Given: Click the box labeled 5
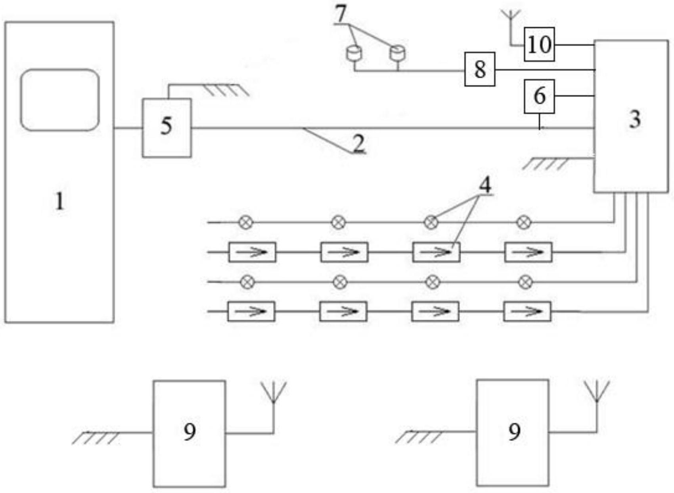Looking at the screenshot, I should point(167,127).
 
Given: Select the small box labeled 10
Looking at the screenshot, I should point(539,44).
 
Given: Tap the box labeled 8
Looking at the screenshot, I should point(480,69).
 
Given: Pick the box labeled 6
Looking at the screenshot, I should point(539,96).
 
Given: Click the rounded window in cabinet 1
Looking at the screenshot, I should point(59,100).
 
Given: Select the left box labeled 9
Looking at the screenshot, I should point(190,433).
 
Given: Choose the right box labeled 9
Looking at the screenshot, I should point(513,432).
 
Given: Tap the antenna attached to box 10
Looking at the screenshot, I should point(510,18).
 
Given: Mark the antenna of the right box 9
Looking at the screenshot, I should point(597,391).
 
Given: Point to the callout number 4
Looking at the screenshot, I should point(485,185).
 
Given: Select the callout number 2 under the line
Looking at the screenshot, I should point(358,143).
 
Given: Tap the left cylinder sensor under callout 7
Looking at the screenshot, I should point(354,53).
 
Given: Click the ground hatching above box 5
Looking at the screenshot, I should point(226,90).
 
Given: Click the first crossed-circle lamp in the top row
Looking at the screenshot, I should point(246,222).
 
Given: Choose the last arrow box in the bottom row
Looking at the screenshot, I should point(527,312).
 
